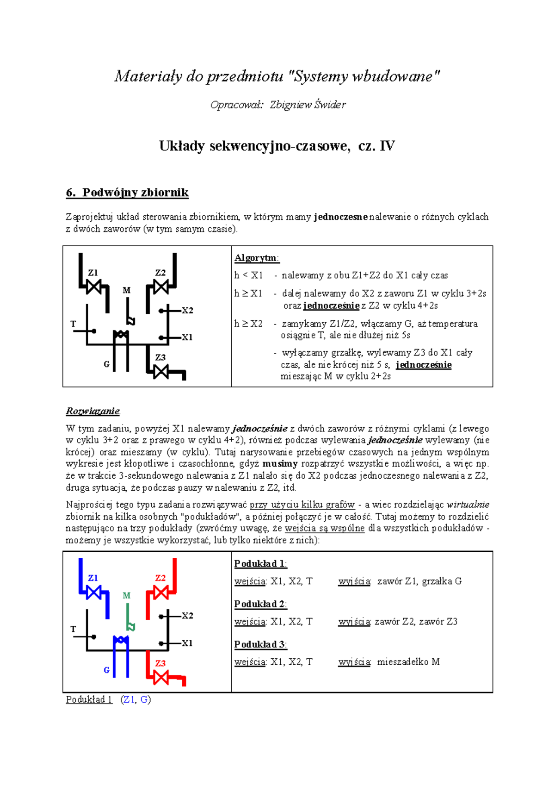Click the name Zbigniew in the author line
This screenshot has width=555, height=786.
[291, 105]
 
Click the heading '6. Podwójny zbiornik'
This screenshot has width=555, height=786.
[127, 193]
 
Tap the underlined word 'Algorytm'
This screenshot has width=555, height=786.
[256, 258]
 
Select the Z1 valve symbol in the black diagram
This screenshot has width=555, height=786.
[94, 287]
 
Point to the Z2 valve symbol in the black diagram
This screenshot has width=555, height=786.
[160, 287]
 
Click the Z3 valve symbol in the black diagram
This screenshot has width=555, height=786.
[160, 371]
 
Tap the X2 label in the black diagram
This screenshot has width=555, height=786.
[187, 311]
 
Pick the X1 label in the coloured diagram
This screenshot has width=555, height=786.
[187, 643]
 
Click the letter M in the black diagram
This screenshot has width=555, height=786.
[126, 290]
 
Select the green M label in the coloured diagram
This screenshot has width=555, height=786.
[126, 596]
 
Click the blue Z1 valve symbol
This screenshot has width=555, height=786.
[94, 593]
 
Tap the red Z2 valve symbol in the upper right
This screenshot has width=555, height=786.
[160, 593]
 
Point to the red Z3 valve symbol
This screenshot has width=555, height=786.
[160, 678]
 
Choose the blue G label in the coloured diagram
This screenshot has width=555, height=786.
[106, 670]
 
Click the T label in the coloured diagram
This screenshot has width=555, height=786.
[73, 629]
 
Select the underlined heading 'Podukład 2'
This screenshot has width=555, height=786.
[260, 604]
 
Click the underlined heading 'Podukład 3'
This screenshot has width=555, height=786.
[260, 644]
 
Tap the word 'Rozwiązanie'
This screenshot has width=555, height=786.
[92, 411]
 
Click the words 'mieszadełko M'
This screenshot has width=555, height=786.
[408, 662]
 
